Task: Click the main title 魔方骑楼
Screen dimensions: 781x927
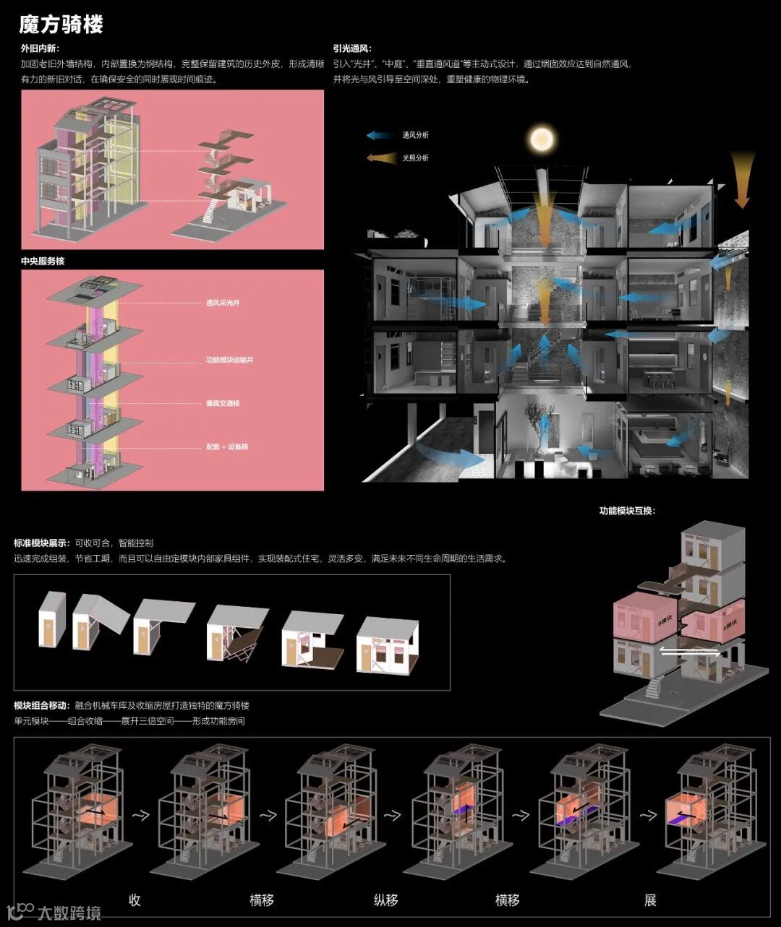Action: [x=61, y=25]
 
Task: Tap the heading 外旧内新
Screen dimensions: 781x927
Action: [x=40, y=49]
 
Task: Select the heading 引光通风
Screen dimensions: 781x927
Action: [x=352, y=49]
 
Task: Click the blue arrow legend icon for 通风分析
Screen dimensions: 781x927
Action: [x=380, y=135]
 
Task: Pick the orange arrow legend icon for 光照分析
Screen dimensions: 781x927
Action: [x=380, y=158]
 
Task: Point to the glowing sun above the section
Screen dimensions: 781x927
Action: [x=541, y=138]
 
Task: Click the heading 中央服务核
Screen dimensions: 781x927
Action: [x=43, y=261]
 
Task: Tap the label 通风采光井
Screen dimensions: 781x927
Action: [x=223, y=303]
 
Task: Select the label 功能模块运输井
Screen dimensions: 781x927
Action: [x=229, y=360]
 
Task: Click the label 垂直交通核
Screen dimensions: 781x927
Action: [x=223, y=403]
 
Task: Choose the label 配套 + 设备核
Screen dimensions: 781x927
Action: [x=227, y=447]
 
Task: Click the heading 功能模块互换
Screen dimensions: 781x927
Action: [x=626, y=511]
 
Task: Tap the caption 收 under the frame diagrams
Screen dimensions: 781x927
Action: [x=135, y=900]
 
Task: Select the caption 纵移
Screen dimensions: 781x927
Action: [x=385, y=900]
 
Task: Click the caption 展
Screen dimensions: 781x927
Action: [x=650, y=900]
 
